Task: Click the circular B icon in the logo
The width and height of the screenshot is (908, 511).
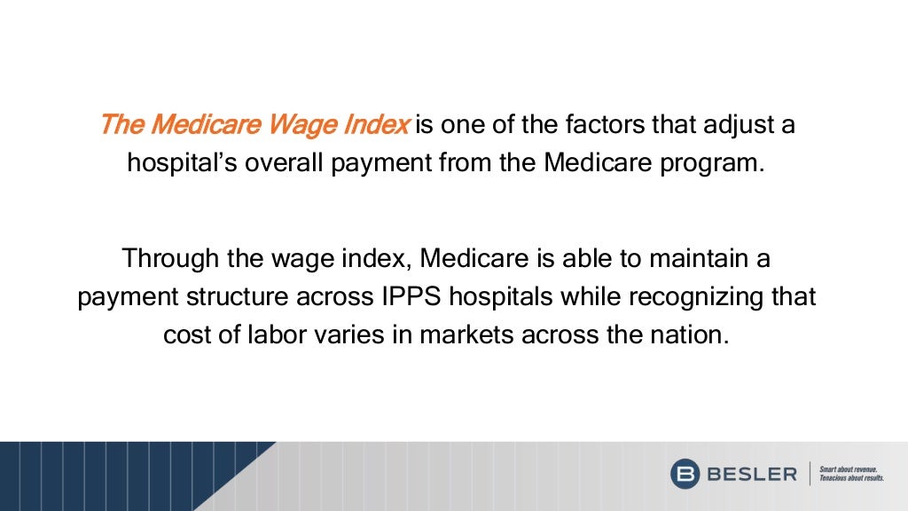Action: [x=685, y=474]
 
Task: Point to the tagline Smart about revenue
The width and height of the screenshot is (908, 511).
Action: [x=849, y=468]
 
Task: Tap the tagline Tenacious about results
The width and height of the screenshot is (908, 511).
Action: [x=852, y=479]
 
